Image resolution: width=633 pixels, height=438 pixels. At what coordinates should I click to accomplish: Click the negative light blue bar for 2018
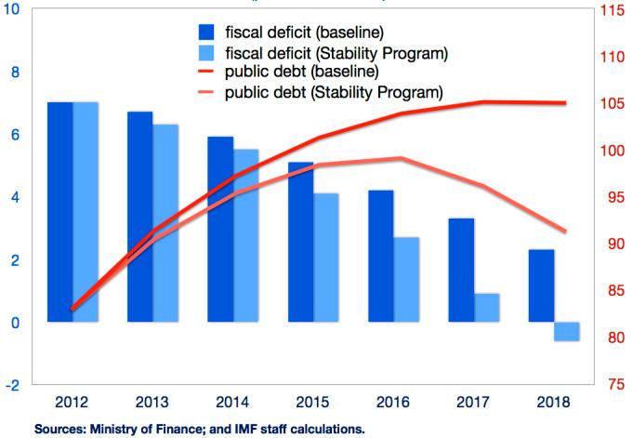(566, 332)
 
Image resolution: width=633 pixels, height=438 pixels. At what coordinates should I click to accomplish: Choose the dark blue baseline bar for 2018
(541, 285)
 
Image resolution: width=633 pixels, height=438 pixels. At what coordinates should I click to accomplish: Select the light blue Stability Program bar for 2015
(326, 258)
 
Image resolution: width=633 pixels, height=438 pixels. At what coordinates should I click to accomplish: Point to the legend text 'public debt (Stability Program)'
(333, 93)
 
